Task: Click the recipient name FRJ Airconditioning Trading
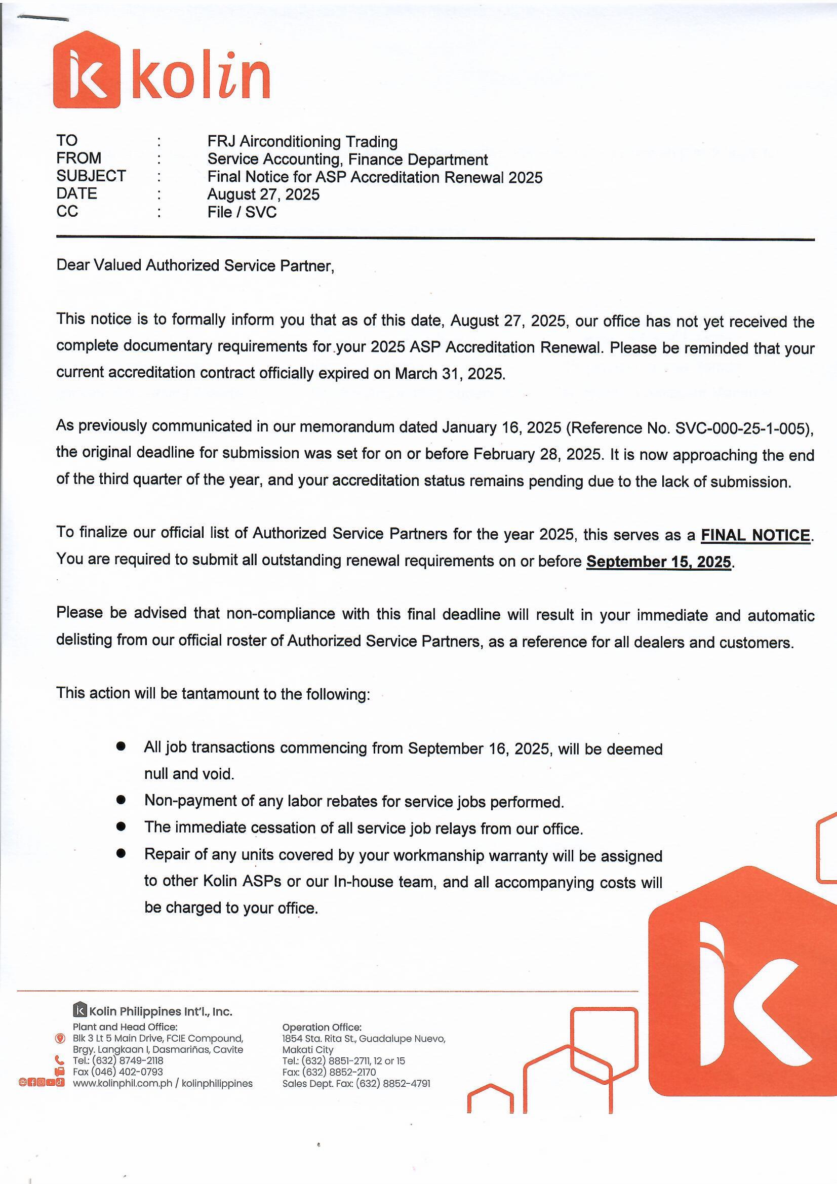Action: point(302,141)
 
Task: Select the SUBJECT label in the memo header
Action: point(91,176)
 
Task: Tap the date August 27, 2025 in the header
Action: point(263,194)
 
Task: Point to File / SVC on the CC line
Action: point(242,212)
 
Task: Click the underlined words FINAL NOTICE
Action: point(755,535)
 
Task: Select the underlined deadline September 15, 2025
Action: point(659,561)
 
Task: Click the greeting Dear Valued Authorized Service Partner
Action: point(195,265)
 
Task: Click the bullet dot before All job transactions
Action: point(121,746)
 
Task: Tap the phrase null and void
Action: point(189,773)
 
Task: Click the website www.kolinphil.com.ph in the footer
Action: point(122,1083)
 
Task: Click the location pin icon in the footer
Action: point(60,1038)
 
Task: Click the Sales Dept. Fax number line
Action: point(356,1083)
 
